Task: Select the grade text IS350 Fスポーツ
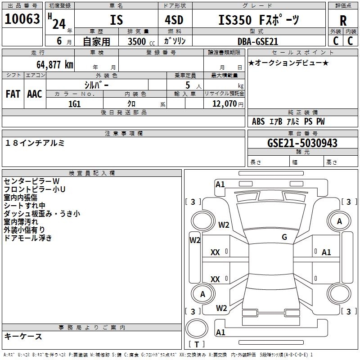pyautogui.click(x=258, y=20)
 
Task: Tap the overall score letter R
pyautogui.click(x=343, y=21)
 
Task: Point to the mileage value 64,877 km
pyautogui.click(x=52, y=64)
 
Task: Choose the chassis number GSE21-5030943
pyautogui.click(x=302, y=143)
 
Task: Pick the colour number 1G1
pyautogui.click(x=74, y=103)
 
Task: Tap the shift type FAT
pyautogui.click(x=13, y=94)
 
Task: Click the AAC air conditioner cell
pyautogui.click(x=35, y=94)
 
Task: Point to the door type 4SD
pyautogui.click(x=171, y=21)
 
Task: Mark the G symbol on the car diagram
pyautogui.click(x=284, y=237)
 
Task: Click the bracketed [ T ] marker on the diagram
pyautogui.click(x=197, y=344)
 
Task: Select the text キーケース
pyautogui.click(x=23, y=337)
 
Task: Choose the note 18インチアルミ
pyautogui.click(x=35, y=143)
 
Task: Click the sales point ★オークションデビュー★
pyautogui.click(x=288, y=63)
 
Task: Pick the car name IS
pyautogui.click(x=116, y=21)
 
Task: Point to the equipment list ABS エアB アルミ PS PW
pyautogui.click(x=288, y=121)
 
